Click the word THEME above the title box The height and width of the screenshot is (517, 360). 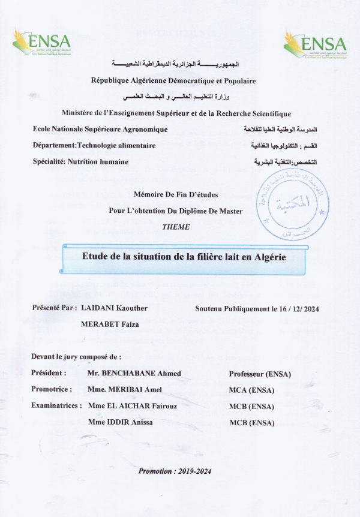point(176,227)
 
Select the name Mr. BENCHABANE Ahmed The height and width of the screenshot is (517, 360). point(134,374)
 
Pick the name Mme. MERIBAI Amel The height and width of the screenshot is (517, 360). point(124,389)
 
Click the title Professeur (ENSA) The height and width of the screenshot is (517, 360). point(260,374)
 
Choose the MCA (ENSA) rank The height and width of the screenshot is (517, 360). point(251,390)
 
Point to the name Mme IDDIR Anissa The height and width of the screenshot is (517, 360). point(120,422)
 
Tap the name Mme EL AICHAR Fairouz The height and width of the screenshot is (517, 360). point(133,406)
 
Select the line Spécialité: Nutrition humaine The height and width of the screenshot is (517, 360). point(81,162)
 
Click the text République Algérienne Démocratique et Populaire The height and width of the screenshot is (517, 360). point(173,80)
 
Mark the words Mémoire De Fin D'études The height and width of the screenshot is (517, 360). point(175,195)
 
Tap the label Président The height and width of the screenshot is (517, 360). point(49,373)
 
